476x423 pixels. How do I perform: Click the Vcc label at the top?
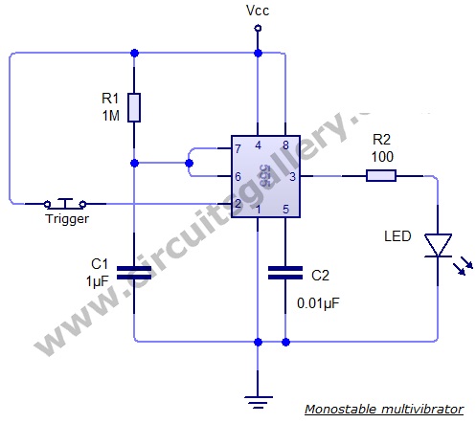click(258, 11)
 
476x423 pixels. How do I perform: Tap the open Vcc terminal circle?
click(258, 29)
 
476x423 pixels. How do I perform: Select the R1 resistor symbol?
click(134, 108)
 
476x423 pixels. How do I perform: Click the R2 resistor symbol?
click(381, 176)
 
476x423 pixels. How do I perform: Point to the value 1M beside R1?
click(111, 116)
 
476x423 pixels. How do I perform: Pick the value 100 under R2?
click(382, 157)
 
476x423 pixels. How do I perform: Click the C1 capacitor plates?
click(134, 273)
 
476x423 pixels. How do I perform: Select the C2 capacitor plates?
click(285, 273)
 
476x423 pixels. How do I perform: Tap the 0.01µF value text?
click(318, 303)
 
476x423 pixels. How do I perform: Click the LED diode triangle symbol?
click(438, 245)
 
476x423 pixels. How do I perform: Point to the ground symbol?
click(258, 402)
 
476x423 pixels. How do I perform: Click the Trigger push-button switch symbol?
click(65, 203)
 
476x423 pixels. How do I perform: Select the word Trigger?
click(67, 219)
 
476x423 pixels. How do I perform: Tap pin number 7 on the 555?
click(238, 148)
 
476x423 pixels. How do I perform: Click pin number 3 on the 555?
click(292, 176)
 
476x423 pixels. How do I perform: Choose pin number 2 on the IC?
click(238, 204)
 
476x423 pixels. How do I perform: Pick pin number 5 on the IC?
click(285, 210)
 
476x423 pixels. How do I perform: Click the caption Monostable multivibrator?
click(384, 409)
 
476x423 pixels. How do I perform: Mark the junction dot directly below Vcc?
click(258, 53)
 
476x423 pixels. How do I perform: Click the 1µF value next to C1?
click(98, 281)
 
